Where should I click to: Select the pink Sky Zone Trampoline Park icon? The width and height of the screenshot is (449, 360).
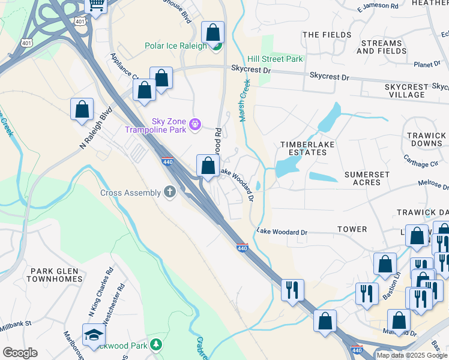pyautogui.click(x=194, y=124)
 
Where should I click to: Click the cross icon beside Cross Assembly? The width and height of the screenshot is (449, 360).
pyautogui.click(x=170, y=192)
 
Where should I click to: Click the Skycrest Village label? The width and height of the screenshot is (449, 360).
pyautogui.click(x=414, y=91)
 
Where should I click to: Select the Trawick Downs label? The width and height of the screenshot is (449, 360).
pyautogui.click(x=426, y=140)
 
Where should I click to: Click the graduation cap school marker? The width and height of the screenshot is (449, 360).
pyautogui.click(x=94, y=334)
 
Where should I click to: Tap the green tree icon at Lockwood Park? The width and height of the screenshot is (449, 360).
pyautogui.click(x=156, y=344)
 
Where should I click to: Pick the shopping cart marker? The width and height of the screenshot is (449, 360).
pyautogui.click(x=96, y=5)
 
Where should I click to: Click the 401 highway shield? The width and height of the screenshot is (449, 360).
pyautogui.click(x=80, y=21)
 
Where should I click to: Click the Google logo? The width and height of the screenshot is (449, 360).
pyautogui.click(x=20, y=352)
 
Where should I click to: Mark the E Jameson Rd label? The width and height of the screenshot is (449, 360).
pyautogui.click(x=377, y=7)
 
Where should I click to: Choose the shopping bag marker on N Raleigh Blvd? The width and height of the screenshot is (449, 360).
pyautogui.click(x=82, y=110)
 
